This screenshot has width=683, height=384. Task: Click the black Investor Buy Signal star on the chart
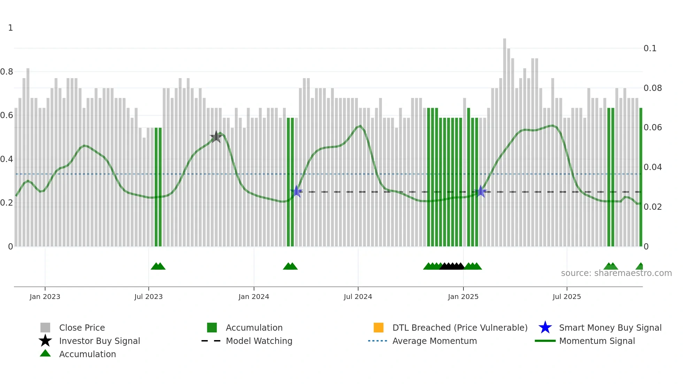point(216,137)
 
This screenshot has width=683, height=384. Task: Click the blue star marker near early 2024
point(297,191)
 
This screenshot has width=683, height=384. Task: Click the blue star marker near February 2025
point(481,191)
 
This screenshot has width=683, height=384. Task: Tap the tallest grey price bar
point(505,139)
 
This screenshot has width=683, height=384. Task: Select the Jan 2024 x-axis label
point(254,297)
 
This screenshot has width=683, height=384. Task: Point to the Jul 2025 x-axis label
point(567,297)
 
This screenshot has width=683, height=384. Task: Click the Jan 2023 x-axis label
point(45,297)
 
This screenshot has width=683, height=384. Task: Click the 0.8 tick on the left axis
point(7,72)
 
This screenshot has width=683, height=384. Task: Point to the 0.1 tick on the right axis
point(650,48)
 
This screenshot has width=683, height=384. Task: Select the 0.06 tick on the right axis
point(652,128)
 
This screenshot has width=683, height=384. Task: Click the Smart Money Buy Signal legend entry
point(610,328)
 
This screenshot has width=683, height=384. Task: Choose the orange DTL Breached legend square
point(378,328)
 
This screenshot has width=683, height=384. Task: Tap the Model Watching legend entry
point(259,341)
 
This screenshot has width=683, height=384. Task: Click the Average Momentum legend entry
point(434,341)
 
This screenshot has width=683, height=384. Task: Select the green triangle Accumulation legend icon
point(45,354)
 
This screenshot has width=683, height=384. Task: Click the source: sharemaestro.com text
point(616,273)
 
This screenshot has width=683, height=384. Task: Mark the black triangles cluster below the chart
point(452,266)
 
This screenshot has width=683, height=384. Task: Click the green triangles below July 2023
point(158,266)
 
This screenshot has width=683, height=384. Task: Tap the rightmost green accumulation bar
point(640,178)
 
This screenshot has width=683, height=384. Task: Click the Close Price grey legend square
point(45,328)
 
